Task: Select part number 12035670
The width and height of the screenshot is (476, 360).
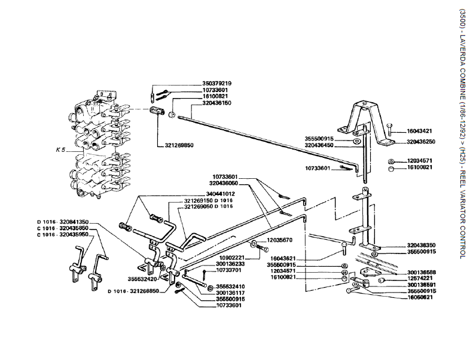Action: (279, 240)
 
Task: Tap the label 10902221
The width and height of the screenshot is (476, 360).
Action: (230, 257)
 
